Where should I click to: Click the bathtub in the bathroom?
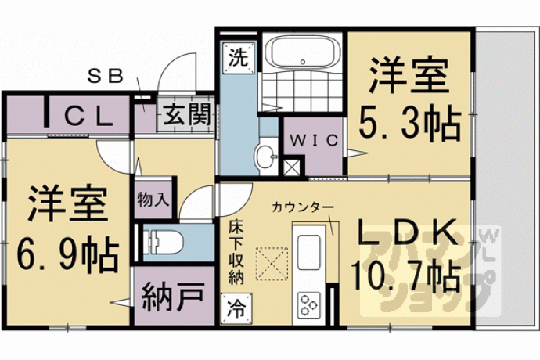point(303,52)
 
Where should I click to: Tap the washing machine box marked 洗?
point(239,58)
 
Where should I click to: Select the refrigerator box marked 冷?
point(236,308)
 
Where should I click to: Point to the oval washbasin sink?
point(266,157)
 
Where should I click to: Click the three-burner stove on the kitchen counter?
point(308,305)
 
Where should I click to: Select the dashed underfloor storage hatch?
point(272,264)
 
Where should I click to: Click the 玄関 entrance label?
point(186,115)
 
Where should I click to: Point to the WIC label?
point(314,141)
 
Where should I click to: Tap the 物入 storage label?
point(153,200)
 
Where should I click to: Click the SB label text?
point(106,77)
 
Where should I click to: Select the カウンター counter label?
point(302,207)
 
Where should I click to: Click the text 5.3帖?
point(410,123)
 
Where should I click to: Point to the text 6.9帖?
point(67,254)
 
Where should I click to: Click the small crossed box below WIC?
point(292,167)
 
